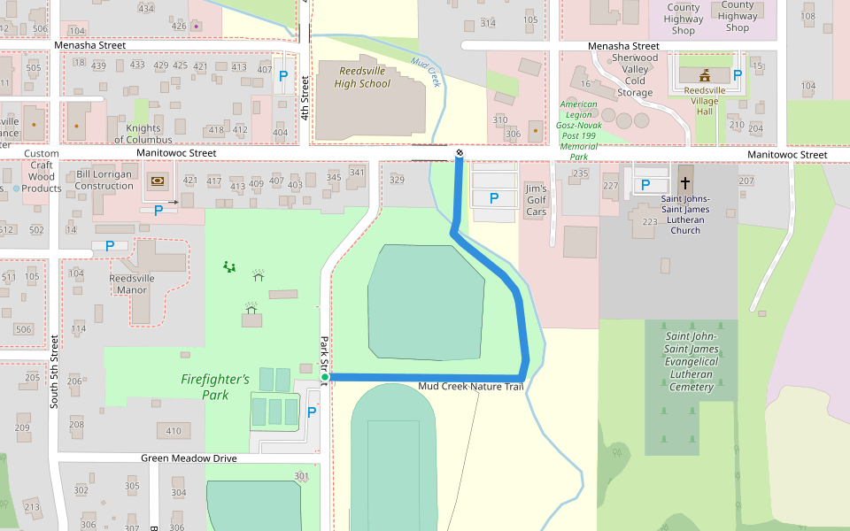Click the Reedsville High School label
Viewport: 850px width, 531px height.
pos(362,77)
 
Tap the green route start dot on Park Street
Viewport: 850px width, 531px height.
pos(325,378)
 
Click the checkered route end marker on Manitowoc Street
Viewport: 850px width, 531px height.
pos(460,154)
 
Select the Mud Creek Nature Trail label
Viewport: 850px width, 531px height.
pos(471,387)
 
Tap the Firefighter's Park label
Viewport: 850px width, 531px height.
pos(215,387)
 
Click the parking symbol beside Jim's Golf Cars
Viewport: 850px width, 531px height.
pos(494,198)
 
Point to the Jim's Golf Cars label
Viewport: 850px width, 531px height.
pos(537,200)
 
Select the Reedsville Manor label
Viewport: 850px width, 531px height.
pos(132,283)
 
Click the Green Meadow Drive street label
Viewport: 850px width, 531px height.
pos(189,458)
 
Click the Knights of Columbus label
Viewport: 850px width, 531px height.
pos(143,135)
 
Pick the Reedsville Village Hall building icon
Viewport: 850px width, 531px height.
pos(706,75)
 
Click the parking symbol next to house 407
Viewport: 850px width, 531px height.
pos(283,76)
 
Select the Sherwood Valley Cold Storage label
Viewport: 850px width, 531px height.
pos(635,75)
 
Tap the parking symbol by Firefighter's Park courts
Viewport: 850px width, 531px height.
pos(311,412)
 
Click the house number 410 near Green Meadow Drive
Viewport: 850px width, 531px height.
pos(174,432)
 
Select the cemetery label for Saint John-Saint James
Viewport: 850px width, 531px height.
pos(692,361)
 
